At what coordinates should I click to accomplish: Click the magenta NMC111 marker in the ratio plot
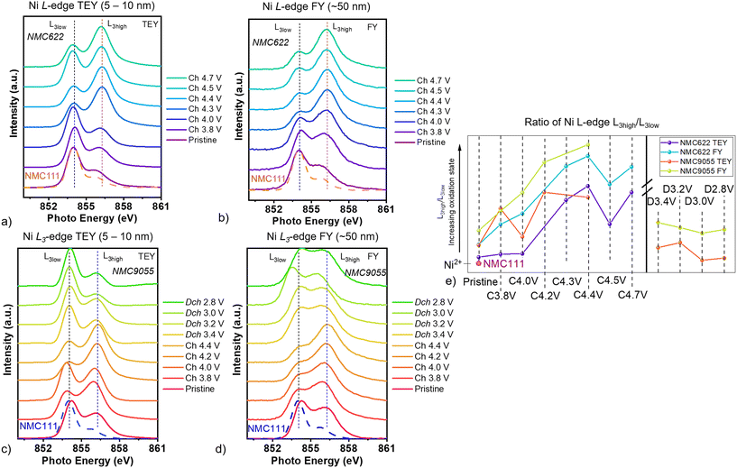(479, 263)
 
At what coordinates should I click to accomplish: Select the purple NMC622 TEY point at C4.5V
(611, 224)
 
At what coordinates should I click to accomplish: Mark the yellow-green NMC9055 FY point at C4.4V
(588, 144)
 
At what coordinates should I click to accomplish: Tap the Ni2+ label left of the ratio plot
(454, 263)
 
